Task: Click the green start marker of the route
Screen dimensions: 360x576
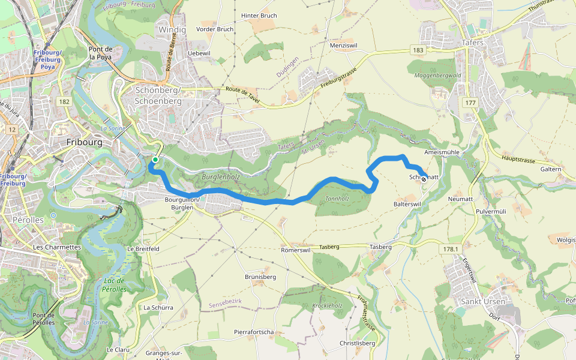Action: point(155,160)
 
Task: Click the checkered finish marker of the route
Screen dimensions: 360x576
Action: point(424,178)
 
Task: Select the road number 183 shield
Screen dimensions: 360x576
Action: point(418,50)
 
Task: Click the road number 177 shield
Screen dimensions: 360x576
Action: point(470,103)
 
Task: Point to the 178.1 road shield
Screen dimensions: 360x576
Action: point(450,249)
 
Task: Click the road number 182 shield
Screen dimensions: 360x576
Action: point(64,103)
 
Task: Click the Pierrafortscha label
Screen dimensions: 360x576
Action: point(254,332)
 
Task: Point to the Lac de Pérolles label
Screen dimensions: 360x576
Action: point(113,285)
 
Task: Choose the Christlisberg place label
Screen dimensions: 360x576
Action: point(357,343)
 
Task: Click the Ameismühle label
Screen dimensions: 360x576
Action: point(442,152)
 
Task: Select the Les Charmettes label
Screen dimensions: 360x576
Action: point(57,247)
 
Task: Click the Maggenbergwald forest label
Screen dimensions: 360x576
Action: point(437,76)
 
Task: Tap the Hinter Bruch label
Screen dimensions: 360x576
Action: point(259,16)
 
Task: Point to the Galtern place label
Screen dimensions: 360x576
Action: point(551,169)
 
